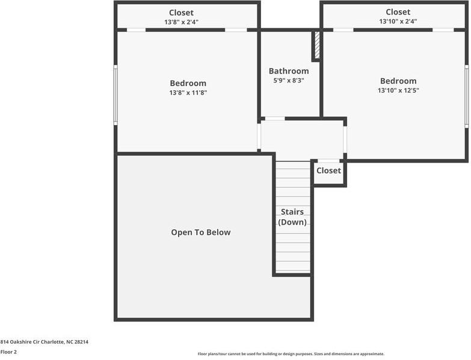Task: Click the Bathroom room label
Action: [x=289, y=71]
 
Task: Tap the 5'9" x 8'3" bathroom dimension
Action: [x=289, y=81]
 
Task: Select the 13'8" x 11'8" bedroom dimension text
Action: [x=188, y=93]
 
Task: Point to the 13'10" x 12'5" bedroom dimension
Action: [x=398, y=90]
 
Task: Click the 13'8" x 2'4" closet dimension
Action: [x=181, y=22]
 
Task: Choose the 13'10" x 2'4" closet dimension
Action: [x=398, y=21]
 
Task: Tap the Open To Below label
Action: [x=201, y=232]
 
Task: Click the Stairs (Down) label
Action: [x=292, y=217]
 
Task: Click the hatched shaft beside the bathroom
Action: [x=317, y=45]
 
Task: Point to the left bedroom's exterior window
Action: [x=115, y=95]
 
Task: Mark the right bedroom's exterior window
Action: [x=466, y=96]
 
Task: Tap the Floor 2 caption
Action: [x=8, y=352]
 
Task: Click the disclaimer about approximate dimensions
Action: [x=291, y=354]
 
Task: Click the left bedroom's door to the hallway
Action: [x=259, y=136]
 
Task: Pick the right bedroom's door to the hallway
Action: [x=345, y=140]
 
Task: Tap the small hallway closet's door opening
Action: [x=328, y=161]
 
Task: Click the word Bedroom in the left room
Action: [x=188, y=83]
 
